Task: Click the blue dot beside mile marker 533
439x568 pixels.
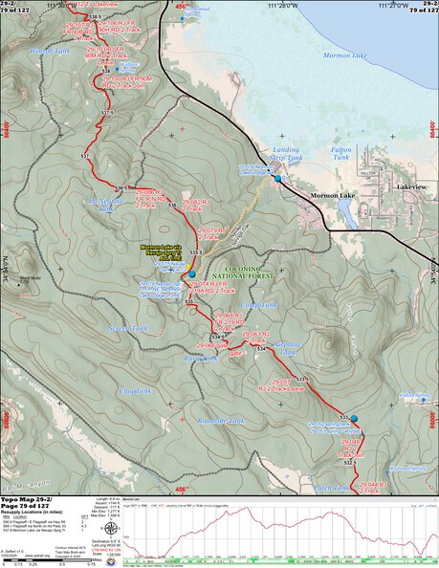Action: tap(355, 419)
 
